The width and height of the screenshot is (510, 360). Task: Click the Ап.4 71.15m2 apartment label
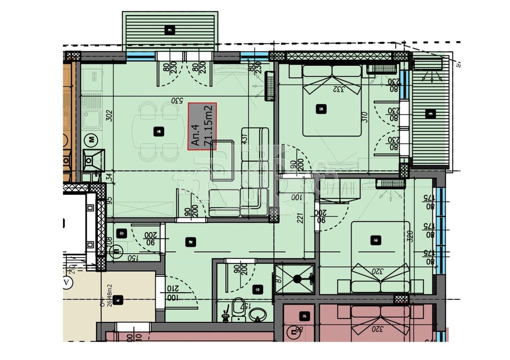203,126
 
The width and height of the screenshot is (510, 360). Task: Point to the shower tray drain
297,278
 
